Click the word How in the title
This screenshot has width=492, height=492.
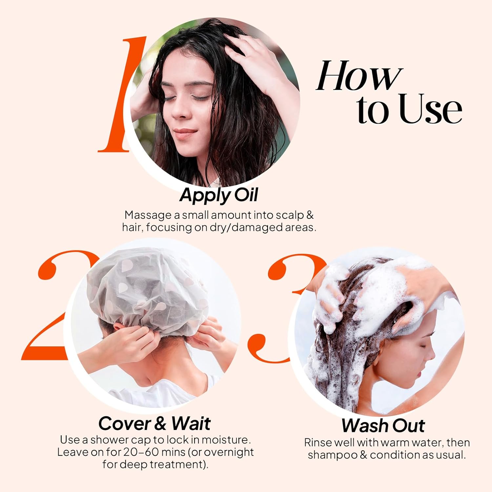[359, 76]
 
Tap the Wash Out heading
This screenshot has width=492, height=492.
[383, 425]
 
